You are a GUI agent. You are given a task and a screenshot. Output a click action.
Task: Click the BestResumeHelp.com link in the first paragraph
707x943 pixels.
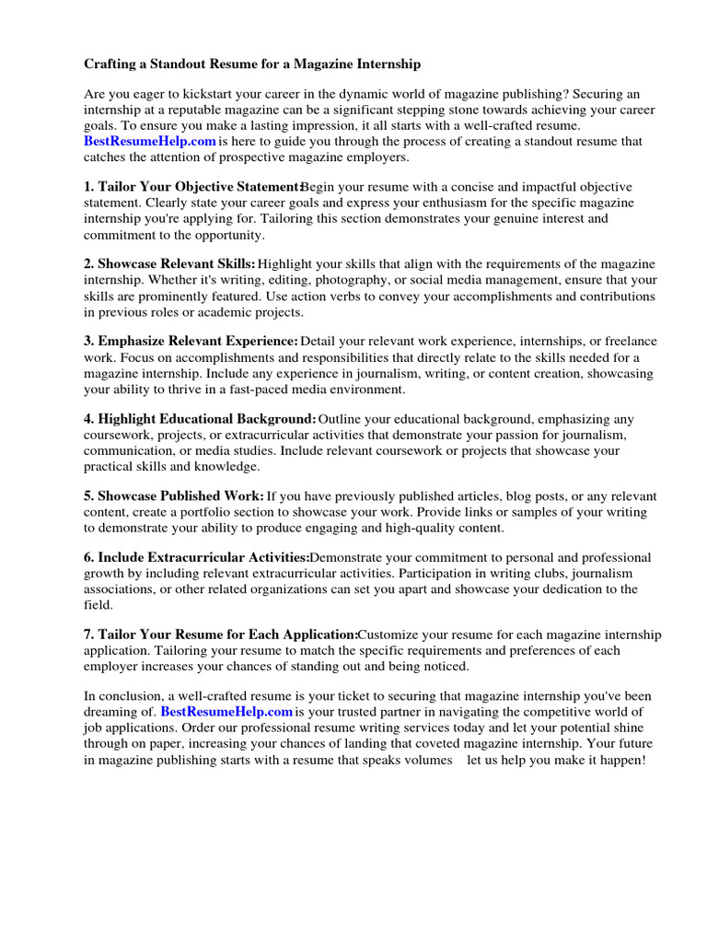coord(150,141)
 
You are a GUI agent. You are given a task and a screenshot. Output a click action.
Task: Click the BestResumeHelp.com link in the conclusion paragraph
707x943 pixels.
coord(226,712)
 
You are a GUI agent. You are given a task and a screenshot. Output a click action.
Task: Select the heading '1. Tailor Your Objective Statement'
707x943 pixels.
coord(192,188)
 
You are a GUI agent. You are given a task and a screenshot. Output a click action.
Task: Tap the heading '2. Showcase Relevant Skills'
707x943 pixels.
coord(170,265)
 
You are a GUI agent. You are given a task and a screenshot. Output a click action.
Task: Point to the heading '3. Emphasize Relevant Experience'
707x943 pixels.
coord(191,342)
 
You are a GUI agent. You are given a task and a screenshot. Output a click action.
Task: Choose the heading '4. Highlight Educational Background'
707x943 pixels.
coord(200,419)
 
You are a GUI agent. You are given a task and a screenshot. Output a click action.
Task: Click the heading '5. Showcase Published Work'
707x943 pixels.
coord(174,495)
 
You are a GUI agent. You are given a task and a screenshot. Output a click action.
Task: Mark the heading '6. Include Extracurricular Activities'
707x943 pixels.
coord(197,558)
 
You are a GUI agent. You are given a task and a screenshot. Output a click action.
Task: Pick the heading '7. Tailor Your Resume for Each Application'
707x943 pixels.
coord(221,634)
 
